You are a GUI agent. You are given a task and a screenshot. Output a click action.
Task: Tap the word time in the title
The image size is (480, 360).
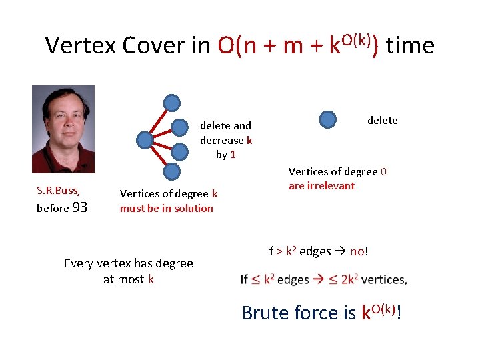tap(410, 45)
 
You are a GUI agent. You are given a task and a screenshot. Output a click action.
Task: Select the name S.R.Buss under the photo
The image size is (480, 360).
tap(58, 191)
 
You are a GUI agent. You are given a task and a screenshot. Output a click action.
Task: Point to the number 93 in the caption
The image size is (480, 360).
tap(79, 207)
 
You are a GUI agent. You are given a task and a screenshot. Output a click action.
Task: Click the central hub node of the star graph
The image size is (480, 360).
tap(144, 140)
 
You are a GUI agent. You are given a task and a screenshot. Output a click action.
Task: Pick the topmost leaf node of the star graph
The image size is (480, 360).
tap(172, 103)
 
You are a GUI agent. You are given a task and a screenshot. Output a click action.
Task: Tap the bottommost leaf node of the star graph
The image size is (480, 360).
tap(172, 172)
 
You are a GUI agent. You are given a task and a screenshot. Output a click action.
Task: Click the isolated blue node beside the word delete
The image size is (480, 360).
tap(328, 119)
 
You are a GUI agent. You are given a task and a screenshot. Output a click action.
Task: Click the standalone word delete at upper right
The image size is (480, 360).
tap(382, 120)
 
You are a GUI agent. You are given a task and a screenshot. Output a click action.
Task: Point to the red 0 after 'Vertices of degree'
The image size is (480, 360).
tap(383, 171)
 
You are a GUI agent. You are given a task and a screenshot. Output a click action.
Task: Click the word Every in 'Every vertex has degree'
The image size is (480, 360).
tap(79, 263)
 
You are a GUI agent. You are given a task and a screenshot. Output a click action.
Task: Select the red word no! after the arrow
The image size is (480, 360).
tap(359, 251)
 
